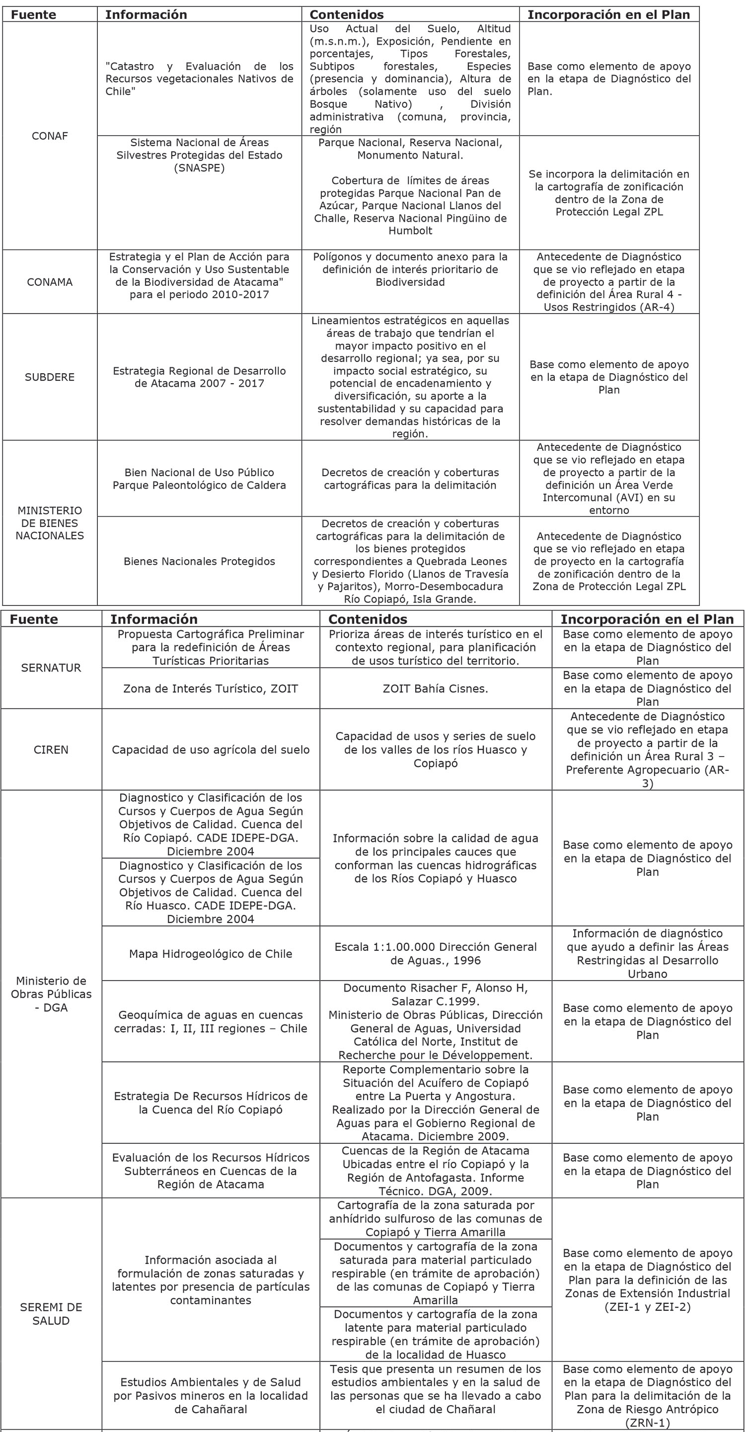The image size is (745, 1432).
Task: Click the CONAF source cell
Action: click(x=50, y=136)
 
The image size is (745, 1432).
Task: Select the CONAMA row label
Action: click(x=50, y=282)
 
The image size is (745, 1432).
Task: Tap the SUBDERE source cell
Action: click(x=50, y=377)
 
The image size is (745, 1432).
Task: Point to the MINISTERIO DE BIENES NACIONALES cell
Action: click(x=50, y=523)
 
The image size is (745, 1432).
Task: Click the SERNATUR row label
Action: click(x=51, y=668)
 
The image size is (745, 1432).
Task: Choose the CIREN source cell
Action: click(x=51, y=750)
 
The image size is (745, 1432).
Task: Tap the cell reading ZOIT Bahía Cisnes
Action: click(x=435, y=688)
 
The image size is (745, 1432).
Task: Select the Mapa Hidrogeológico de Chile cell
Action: click(x=211, y=953)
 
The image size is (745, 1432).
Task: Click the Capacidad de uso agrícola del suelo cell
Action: click(x=211, y=750)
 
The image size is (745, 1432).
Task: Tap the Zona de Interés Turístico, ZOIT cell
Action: click(x=211, y=688)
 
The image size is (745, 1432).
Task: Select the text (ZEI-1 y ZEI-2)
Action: click(x=647, y=1307)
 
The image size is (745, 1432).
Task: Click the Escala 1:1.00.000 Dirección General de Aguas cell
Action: click(x=435, y=953)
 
